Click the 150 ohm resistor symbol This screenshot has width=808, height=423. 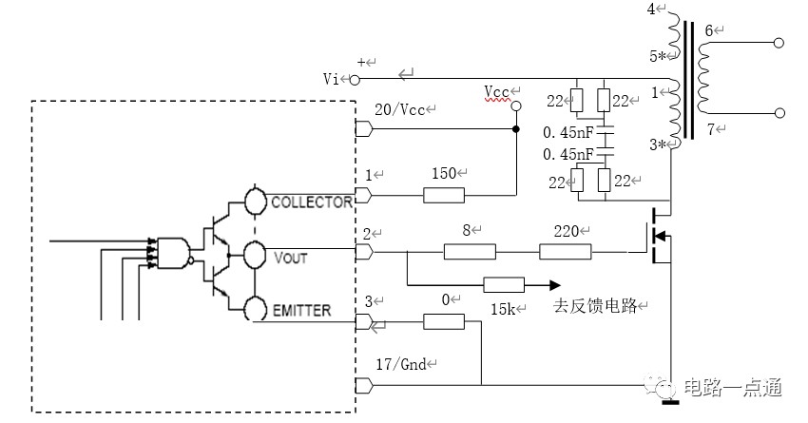[x=444, y=195]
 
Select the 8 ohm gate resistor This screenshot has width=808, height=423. [x=470, y=252]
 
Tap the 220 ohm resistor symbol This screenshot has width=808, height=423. [x=566, y=252]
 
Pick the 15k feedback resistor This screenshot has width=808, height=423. [x=504, y=285]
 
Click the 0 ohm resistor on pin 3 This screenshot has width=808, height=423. [x=444, y=322]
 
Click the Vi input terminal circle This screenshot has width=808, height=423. [x=355, y=80]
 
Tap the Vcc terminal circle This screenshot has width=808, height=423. [x=516, y=106]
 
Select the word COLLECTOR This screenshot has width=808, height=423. [x=311, y=202]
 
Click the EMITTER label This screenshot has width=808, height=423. [x=301, y=311]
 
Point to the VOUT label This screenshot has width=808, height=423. [x=291, y=257]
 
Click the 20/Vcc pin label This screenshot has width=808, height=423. [x=399, y=109]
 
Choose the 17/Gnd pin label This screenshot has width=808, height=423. [x=401, y=365]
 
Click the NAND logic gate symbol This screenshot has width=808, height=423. [x=174, y=253]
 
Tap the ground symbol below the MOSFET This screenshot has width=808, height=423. [x=670, y=401]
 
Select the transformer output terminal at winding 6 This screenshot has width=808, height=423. [x=779, y=43]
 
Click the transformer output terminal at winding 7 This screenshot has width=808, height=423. [x=780, y=113]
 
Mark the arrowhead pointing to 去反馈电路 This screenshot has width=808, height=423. [x=555, y=285]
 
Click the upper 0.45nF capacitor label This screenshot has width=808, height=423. [x=568, y=133]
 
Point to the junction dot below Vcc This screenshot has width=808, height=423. [x=516, y=129]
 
